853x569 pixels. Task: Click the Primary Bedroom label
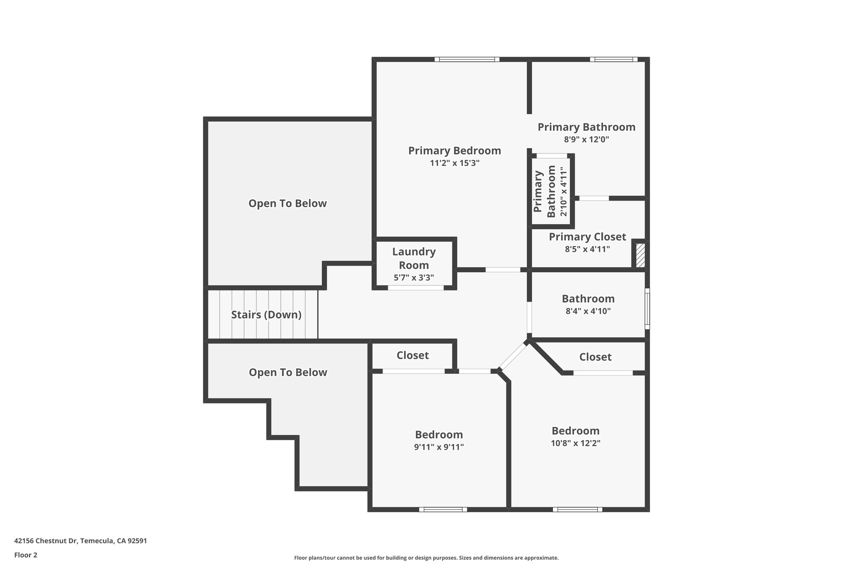coord(454,150)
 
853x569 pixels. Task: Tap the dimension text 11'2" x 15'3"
coord(454,163)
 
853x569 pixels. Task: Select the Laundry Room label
coord(414,258)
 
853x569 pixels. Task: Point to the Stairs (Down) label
coord(266,315)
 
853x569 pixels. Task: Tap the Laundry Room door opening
coord(416,288)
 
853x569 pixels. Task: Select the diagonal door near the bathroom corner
coord(512,356)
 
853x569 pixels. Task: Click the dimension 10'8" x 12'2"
coord(575,443)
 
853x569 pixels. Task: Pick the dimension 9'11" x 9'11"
coord(439,447)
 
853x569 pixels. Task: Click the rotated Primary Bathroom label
coord(545,191)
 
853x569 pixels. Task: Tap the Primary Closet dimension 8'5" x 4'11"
coord(587,249)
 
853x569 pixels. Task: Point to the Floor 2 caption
coord(26,555)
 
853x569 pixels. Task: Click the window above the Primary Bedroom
coord(466,60)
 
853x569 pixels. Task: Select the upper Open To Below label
coord(287,203)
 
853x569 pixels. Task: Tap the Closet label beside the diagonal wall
coord(595,357)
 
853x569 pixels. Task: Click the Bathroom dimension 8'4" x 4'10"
coord(588,311)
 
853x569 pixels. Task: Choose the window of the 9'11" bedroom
coord(443,509)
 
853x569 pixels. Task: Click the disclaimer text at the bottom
coord(426,558)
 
